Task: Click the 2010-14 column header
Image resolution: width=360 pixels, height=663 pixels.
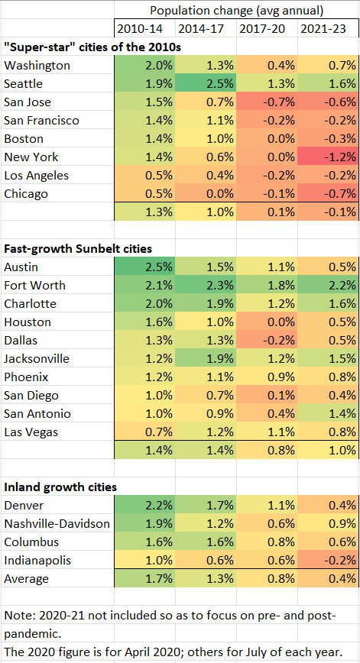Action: (144, 29)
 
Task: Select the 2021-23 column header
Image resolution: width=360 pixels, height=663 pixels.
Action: (328, 29)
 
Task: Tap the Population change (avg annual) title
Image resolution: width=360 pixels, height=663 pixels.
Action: (236, 11)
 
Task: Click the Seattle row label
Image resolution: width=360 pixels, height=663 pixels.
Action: (24, 84)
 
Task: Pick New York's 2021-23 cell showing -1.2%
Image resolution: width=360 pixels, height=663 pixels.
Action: (328, 157)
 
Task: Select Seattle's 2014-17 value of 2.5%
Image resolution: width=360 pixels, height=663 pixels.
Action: (206, 84)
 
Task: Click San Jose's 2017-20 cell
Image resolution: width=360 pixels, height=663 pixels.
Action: (267, 102)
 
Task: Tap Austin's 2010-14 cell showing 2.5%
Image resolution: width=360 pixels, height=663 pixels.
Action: (144, 267)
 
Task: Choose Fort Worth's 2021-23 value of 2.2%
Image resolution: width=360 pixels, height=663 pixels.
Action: (328, 285)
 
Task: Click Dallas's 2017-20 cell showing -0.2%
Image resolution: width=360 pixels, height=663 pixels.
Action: (267, 340)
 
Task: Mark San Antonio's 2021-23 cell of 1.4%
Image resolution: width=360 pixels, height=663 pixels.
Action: (328, 413)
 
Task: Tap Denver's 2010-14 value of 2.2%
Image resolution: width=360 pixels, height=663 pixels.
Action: (144, 504)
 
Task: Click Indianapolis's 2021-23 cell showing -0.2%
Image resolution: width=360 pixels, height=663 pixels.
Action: (328, 559)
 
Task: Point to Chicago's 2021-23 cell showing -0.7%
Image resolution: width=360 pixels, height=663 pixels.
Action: (328, 194)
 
